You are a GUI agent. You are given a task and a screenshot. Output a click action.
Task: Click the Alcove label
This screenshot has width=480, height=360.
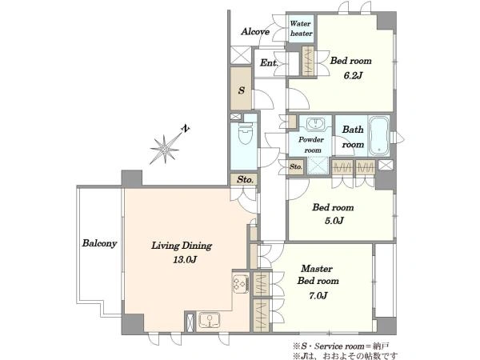point(255,31)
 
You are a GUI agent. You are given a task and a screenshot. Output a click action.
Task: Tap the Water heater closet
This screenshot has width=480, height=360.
point(302,29)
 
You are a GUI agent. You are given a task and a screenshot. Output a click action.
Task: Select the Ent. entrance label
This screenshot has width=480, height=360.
point(269,63)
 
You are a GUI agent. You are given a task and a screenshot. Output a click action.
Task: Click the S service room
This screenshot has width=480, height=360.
point(241,89)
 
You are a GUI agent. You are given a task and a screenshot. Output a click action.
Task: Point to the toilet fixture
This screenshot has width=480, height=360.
point(245,134)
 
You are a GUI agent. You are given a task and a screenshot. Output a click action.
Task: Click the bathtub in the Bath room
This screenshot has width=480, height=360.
point(378,136)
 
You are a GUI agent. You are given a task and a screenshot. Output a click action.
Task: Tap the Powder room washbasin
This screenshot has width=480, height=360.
point(315,124)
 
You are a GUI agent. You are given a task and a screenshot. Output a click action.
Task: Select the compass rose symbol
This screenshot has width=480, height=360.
point(166,149)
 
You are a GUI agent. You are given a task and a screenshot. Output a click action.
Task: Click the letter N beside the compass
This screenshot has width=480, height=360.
point(185,129)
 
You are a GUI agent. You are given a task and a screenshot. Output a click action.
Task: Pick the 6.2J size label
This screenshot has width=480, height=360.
point(353,75)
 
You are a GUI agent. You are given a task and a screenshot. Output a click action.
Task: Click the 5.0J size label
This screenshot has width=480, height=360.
point(334,221)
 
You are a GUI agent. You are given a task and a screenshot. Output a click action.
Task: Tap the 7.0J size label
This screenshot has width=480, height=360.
point(318,296)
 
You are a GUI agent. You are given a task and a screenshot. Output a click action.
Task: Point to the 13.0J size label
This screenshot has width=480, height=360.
point(185,260)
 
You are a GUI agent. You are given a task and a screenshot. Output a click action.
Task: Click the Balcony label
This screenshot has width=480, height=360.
point(99,243)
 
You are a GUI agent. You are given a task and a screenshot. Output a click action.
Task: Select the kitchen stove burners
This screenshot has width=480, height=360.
point(241,284)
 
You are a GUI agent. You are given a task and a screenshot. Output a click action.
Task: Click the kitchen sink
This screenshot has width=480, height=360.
point(209,321)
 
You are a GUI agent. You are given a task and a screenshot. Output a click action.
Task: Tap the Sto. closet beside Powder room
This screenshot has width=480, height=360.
point(296,167)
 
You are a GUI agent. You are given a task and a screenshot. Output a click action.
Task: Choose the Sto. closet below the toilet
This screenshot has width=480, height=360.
point(245,179)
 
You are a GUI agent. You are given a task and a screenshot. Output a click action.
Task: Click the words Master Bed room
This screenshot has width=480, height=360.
point(318,274)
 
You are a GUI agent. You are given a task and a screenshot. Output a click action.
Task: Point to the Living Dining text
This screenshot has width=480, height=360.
point(182,246)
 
